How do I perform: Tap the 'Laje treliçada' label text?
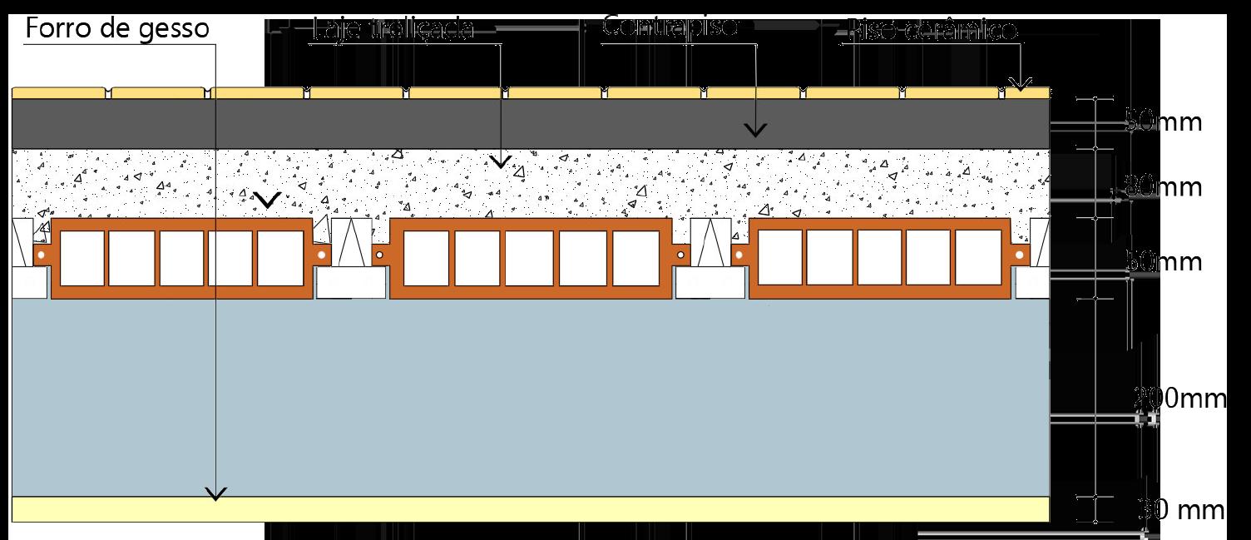click(393, 31)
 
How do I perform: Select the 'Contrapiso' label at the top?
click(670, 26)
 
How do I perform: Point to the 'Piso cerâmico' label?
click(930, 32)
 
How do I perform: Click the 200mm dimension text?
click(1179, 399)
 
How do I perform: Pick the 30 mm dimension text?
click(1181, 509)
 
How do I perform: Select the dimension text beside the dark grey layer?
click(1163, 123)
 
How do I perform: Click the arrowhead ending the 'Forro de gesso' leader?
click(216, 494)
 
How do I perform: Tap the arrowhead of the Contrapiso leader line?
click(755, 130)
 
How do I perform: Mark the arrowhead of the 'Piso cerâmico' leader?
click(1021, 84)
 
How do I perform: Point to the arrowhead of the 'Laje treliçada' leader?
click(500, 161)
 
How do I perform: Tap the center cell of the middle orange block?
click(530, 258)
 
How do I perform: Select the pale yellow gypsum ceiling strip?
click(532, 509)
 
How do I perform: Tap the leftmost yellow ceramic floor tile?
click(60, 92)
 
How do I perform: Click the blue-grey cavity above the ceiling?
click(532, 399)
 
